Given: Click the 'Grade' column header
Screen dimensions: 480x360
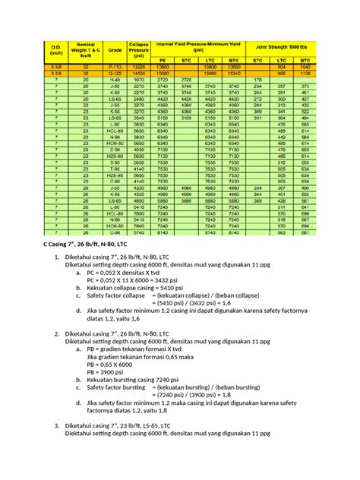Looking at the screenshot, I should click(116, 50).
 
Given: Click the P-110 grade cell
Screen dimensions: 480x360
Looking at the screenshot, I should click(116, 67).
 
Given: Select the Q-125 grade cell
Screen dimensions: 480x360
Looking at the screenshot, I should click(116, 73).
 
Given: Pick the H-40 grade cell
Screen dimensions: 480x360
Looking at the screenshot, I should click(116, 79).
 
